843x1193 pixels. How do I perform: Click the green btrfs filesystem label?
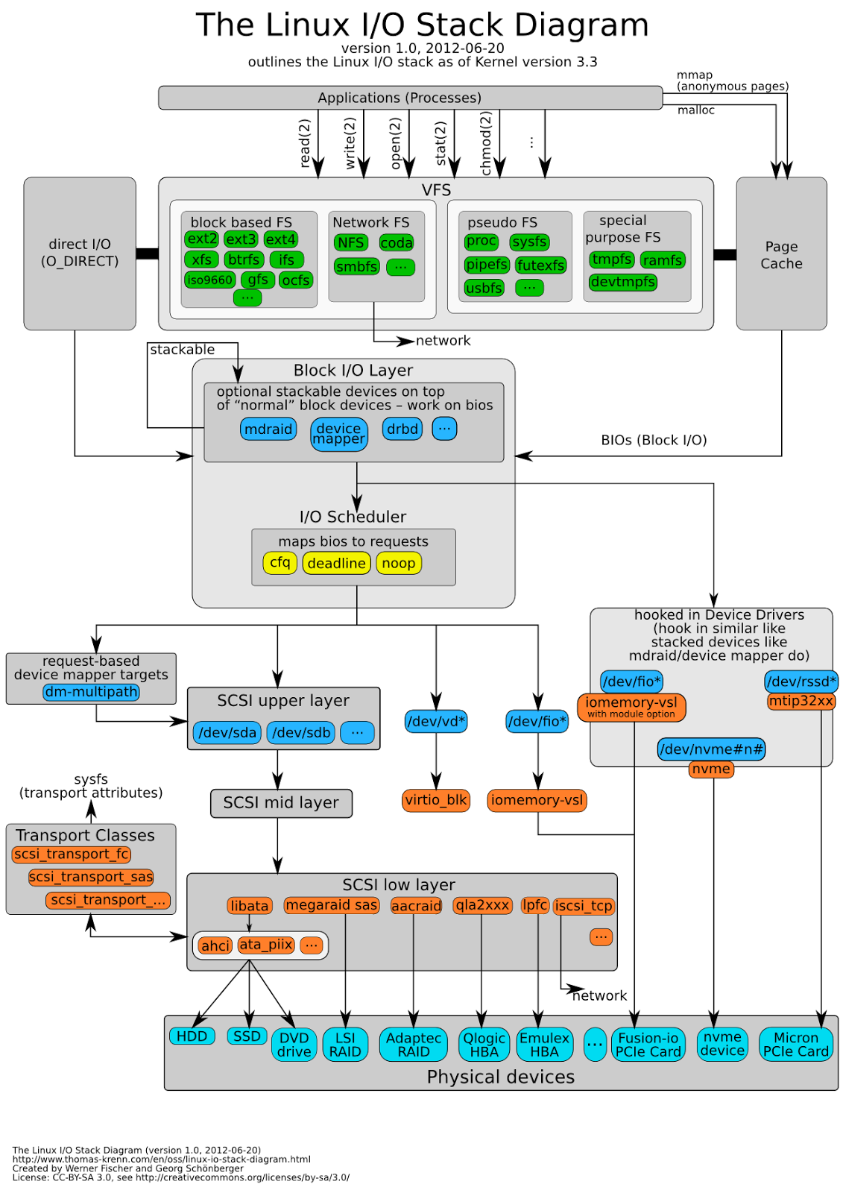click(244, 259)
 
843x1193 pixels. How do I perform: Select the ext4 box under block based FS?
click(280, 239)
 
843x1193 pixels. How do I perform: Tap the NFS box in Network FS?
click(350, 242)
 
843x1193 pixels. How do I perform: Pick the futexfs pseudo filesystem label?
click(541, 265)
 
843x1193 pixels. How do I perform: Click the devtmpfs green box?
click(622, 282)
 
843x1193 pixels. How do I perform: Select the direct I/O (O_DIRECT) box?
click(80, 253)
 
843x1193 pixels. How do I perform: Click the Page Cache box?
click(781, 254)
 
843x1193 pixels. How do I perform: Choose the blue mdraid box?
click(268, 429)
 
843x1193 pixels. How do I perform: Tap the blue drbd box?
click(402, 429)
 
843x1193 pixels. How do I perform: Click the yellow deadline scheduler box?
click(336, 563)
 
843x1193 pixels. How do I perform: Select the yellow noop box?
click(399, 563)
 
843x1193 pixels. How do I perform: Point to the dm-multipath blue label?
click(91, 692)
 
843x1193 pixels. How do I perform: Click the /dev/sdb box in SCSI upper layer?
click(301, 732)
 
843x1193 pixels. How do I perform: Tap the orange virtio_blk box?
click(436, 800)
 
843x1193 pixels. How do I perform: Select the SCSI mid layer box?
click(281, 803)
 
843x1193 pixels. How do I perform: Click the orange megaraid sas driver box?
click(332, 905)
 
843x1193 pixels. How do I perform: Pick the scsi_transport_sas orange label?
click(91, 877)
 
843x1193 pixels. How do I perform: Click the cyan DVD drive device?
click(294, 1045)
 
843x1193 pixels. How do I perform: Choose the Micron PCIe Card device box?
click(795, 1045)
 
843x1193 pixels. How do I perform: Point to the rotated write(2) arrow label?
click(350, 142)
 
